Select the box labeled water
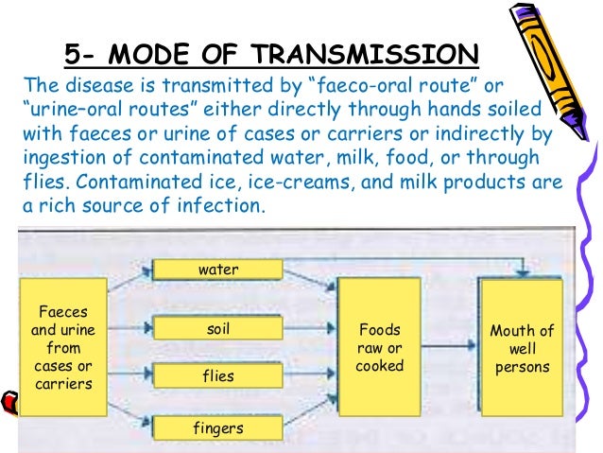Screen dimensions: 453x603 tap(218, 270)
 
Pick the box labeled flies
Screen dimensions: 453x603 tap(218, 376)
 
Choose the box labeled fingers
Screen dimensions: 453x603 tap(218, 428)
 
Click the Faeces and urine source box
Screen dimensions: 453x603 tap(63, 347)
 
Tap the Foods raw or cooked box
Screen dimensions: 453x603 tap(380, 347)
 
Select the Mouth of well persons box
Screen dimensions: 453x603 tap(521, 347)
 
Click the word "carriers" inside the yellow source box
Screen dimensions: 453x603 tap(63, 384)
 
